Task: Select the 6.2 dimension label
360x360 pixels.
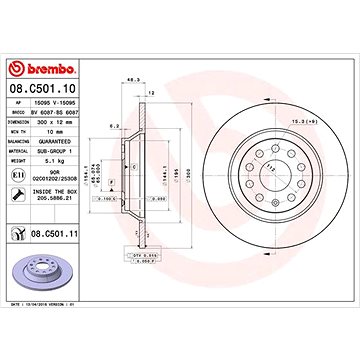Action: [x=116, y=125]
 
